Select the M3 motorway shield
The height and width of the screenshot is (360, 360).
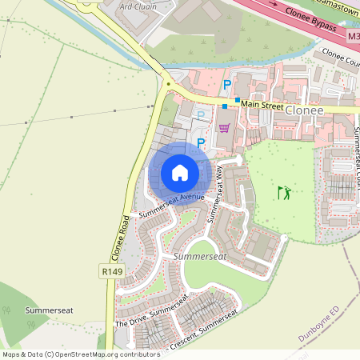pos(354,37)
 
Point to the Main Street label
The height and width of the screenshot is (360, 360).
pos(262,103)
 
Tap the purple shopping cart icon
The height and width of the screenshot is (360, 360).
pos(224,128)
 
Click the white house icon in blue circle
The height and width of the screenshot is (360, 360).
pos(180,172)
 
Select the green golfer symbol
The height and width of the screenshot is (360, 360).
pos(284,192)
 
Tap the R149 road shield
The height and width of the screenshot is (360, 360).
pos(111,273)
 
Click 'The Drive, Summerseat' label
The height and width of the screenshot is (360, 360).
pos(150,315)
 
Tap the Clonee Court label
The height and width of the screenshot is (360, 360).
pos(339,60)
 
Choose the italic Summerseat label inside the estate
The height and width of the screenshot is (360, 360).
pos(200,256)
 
